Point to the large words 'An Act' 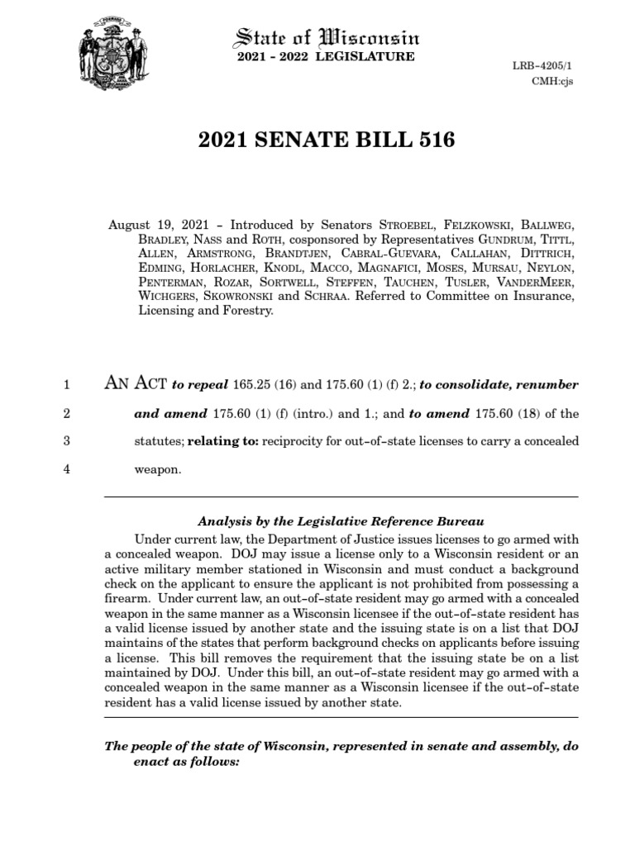coord(135,383)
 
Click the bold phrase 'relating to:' coord(224,441)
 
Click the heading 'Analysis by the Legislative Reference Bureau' coord(340,521)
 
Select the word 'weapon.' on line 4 coord(157,469)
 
